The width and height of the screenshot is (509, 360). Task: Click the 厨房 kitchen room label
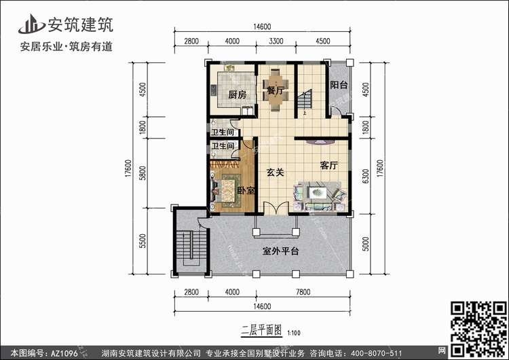[237, 95]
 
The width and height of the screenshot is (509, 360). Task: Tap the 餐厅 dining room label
[275, 90]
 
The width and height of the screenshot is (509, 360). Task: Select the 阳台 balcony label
[339, 85]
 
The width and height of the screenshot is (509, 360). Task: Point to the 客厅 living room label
[329, 165]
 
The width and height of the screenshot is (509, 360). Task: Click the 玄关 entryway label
[276, 173]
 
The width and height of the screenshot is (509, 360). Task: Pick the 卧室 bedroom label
[246, 190]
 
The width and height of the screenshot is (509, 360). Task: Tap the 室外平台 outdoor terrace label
[280, 251]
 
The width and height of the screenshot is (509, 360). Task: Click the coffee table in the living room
[318, 193]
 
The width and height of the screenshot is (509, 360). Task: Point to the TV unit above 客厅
[320, 142]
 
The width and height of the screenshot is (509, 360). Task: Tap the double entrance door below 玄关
[276, 209]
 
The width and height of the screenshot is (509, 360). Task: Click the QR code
[479, 329]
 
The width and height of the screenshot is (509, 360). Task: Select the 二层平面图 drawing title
[261, 330]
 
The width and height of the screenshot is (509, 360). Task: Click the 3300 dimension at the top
[276, 41]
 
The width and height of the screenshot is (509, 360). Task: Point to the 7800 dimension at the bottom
[303, 292]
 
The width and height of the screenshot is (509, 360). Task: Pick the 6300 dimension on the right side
[366, 176]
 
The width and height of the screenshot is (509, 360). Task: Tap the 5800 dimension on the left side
[143, 173]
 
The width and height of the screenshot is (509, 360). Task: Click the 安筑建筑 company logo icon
[31, 24]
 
